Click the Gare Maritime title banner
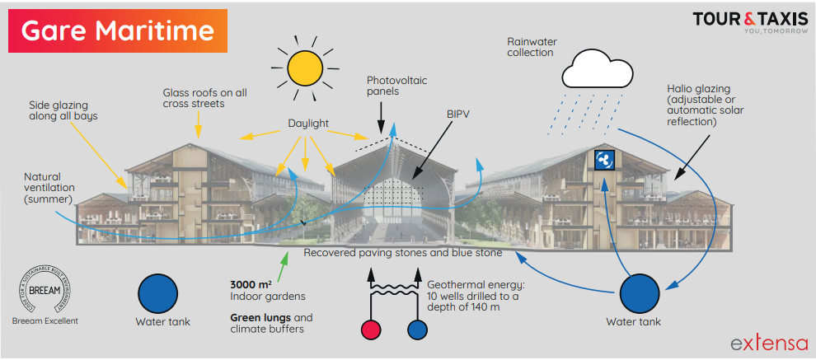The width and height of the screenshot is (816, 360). (118, 30)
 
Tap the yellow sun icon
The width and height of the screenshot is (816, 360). (302, 65)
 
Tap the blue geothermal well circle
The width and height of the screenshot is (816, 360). (417, 330)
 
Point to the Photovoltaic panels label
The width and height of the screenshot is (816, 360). (395, 86)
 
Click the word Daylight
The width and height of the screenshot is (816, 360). (308, 124)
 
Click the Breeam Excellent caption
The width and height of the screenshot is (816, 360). (46, 321)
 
